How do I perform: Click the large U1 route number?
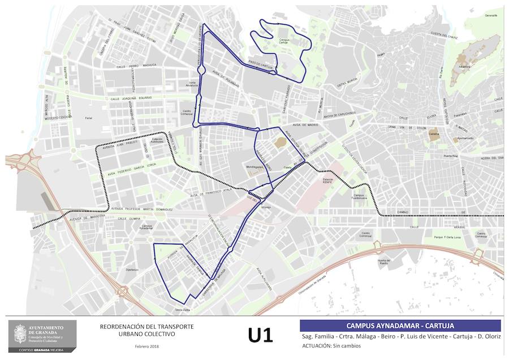tap(260, 335)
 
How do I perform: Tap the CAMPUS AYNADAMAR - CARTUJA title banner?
tap(400, 325)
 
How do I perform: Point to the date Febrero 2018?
tap(146, 346)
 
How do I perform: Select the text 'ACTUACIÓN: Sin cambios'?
tap(331, 345)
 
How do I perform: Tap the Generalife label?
tap(490, 15)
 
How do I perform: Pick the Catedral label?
tap(434, 134)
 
